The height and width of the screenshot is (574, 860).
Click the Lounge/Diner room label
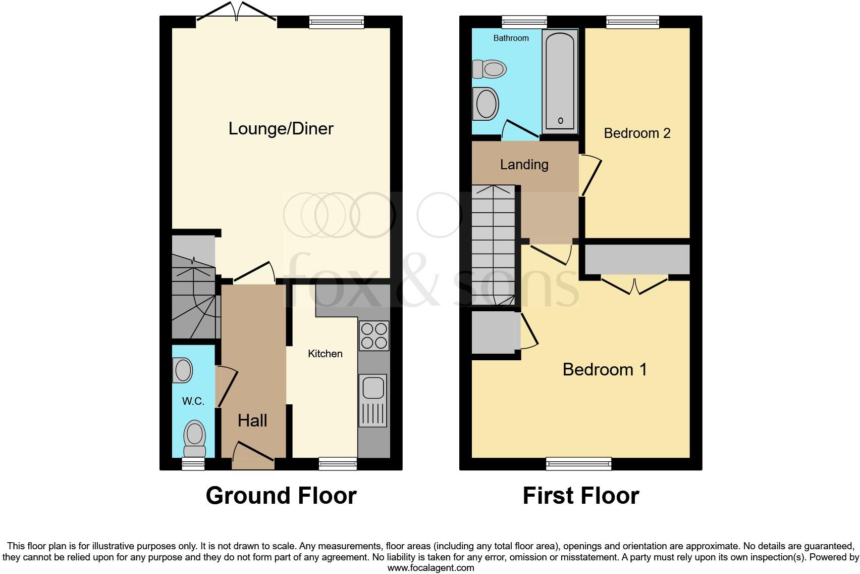(x=281, y=128)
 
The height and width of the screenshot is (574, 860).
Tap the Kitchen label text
(x=325, y=354)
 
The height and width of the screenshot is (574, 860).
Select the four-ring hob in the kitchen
(x=374, y=336)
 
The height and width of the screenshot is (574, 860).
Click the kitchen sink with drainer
(x=373, y=400)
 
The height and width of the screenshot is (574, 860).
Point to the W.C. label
(x=193, y=401)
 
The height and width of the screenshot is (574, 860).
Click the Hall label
(x=252, y=420)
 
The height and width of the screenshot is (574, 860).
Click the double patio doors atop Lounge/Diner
(x=236, y=12)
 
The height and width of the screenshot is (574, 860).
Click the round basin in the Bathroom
(x=487, y=104)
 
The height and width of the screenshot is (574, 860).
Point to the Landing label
(x=524, y=164)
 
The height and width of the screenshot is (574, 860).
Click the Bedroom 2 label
(x=637, y=133)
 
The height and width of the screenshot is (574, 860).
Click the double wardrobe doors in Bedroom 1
(x=635, y=286)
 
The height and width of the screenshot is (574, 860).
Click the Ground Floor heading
(x=281, y=496)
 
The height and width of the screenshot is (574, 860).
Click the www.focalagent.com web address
(x=431, y=567)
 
